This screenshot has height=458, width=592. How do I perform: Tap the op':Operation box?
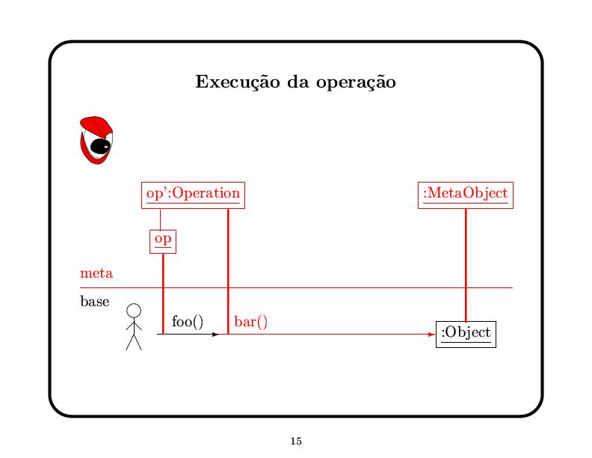193,194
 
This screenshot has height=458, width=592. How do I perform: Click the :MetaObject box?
466,194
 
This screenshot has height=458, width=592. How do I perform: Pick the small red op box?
163,240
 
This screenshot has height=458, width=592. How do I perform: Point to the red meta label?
96,273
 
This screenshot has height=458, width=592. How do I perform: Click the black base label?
94,302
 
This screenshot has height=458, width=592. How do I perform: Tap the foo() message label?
188,322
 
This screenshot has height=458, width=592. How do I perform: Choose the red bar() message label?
251,322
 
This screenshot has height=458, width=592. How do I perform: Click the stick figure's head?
134,310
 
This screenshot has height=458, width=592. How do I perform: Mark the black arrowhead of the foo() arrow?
215,335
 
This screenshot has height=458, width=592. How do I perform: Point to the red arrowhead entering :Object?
431,335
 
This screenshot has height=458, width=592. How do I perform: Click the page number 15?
295,441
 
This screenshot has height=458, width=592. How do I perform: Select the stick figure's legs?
134,342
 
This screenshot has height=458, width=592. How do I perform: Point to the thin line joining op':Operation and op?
161,218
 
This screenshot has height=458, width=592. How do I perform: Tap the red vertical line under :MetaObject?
466,262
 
